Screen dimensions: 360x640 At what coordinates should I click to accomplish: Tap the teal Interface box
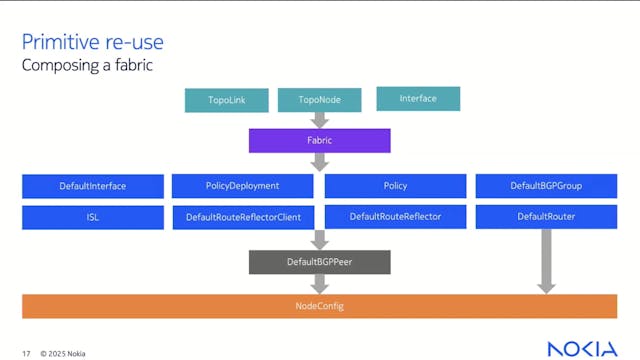pyautogui.click(x=418, y=98)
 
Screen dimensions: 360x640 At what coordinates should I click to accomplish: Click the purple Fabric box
pyautogui.click(x=319, y=141)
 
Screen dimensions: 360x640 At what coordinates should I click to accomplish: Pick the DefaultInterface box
pyautogui.click(x=93, y=186)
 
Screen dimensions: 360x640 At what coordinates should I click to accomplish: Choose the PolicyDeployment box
pyautogui.click(x=244, y=186)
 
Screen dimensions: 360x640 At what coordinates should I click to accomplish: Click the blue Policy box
pyautogui.click(x=395, y=186)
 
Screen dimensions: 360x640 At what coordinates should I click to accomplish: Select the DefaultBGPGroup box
pyautogui.click(x=546, y=186)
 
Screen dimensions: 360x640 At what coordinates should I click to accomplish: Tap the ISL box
pyautogui.click(x=93, y=217)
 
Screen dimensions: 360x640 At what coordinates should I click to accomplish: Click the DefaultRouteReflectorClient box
pyautogui.click(x=244, y=217)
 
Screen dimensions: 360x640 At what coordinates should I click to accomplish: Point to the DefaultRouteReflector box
pyautogui.click(x=395, y=217)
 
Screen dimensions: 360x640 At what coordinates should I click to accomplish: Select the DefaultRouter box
pyautogui.click(x=546, y=217)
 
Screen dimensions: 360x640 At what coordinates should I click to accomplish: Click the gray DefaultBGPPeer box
pyautogui.click(x=319, y=262)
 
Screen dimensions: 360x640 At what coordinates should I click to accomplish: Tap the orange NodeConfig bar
pyautogui.click(x=319, y=305)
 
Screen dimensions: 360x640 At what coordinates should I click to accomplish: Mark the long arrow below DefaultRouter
pyautogui.click(x=546, y=260)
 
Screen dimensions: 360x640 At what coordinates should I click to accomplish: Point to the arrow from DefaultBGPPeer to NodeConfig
pyautogui.click(x=319, y=284)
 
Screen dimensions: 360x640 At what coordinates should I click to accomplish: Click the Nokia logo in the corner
pyautogui.click(x=582, y=347)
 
